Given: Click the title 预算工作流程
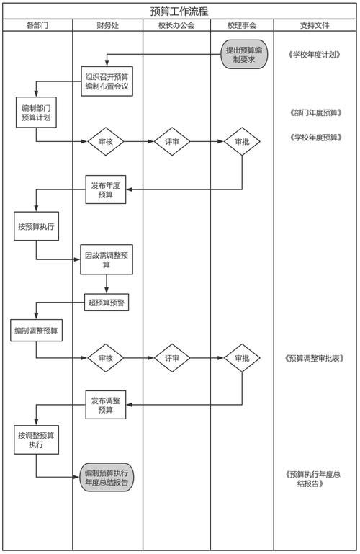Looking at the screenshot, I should pyautogui.click(x=179, y=11).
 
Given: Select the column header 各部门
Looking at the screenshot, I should pyautogui.click(x=37, y=25).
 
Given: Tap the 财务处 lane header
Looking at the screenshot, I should pyautogui.click(x=107, y=25).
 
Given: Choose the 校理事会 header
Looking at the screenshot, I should pyautogui.click(x=241, y=25).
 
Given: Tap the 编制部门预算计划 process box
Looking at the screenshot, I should pyautogui.click(x=36, y=112).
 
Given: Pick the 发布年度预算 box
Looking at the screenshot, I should pyautogui.click(x=106, y=189).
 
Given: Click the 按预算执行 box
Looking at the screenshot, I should pyautogui.click(x=36, y=226).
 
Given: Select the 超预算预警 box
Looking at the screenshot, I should pyautogui.click(x=106, y=303).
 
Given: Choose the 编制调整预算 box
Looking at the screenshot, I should pyautogui.click(x=36, y=331).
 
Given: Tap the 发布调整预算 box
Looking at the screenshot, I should pyautogui.click(x=106, y=404).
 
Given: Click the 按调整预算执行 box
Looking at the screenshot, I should pyautogui.click(x=36, y=440).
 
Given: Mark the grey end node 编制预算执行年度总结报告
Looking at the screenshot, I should pyautogui.click(x=106, y=478).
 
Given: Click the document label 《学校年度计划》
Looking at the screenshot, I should pyautogui.click(x=314, y=55).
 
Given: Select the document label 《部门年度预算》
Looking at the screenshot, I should pyautogui.click(x=314, y=112).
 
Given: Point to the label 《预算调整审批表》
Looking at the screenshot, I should pyautogui.click(x=314, y=358).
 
